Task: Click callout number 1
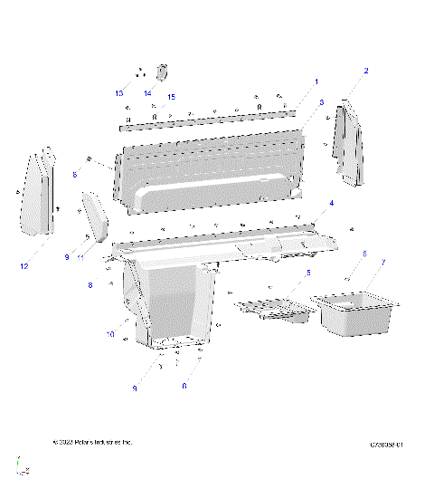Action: tap(316, 81)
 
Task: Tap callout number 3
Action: tap(321, 103)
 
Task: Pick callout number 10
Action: tap(110, 334)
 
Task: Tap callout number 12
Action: tap(24, 266)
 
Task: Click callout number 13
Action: tap(118, 93)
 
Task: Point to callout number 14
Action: tap(147, 93)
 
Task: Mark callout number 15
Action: tap(170, 97)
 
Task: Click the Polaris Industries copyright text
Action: tap(92, 442)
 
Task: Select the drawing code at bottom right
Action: tap(385, 445)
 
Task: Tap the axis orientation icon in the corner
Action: tap(24, 467)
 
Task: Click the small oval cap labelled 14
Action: tap(164, 72)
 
